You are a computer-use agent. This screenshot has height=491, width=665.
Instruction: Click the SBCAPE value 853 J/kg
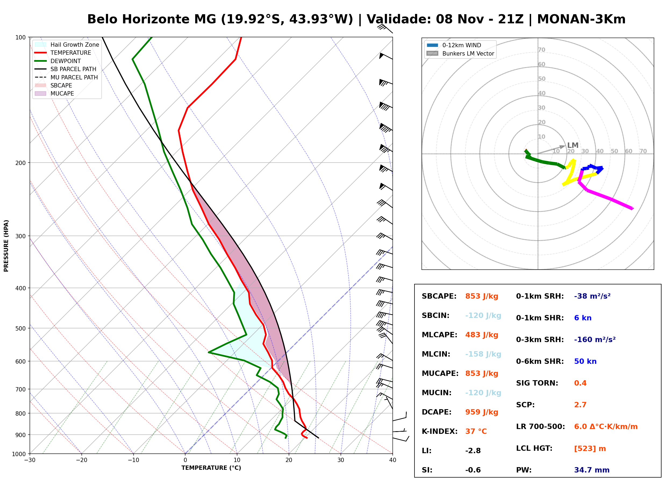coord(482,296)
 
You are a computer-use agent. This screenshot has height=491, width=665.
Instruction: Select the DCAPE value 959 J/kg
coord(482,412)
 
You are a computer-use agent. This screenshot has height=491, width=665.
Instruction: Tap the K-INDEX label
coord(439,431)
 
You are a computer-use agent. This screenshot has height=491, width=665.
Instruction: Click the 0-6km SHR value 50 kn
coord(585,361)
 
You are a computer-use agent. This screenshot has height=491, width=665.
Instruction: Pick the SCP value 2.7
coord(580,405)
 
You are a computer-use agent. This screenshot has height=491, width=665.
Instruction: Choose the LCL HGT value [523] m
coord(590,449)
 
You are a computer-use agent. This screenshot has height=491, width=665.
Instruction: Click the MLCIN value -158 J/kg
coord(483,354)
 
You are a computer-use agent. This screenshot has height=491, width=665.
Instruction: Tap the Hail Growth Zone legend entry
coord(67,45)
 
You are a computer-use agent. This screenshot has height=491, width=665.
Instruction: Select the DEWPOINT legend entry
coord(58,61)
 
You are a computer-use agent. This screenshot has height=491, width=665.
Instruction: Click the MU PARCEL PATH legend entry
coord(66,77)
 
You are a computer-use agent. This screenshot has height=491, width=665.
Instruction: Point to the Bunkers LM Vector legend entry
coord(460,53)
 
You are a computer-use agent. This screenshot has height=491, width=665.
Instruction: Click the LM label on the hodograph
coord(573,145)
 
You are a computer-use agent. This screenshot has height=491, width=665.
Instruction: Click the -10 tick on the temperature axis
coord(133,460)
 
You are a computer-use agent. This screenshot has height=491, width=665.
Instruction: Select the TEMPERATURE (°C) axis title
coord(211,468)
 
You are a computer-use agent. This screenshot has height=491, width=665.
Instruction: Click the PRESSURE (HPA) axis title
coord(6,245)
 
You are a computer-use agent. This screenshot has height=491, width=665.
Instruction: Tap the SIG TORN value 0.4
coord(580,383)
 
